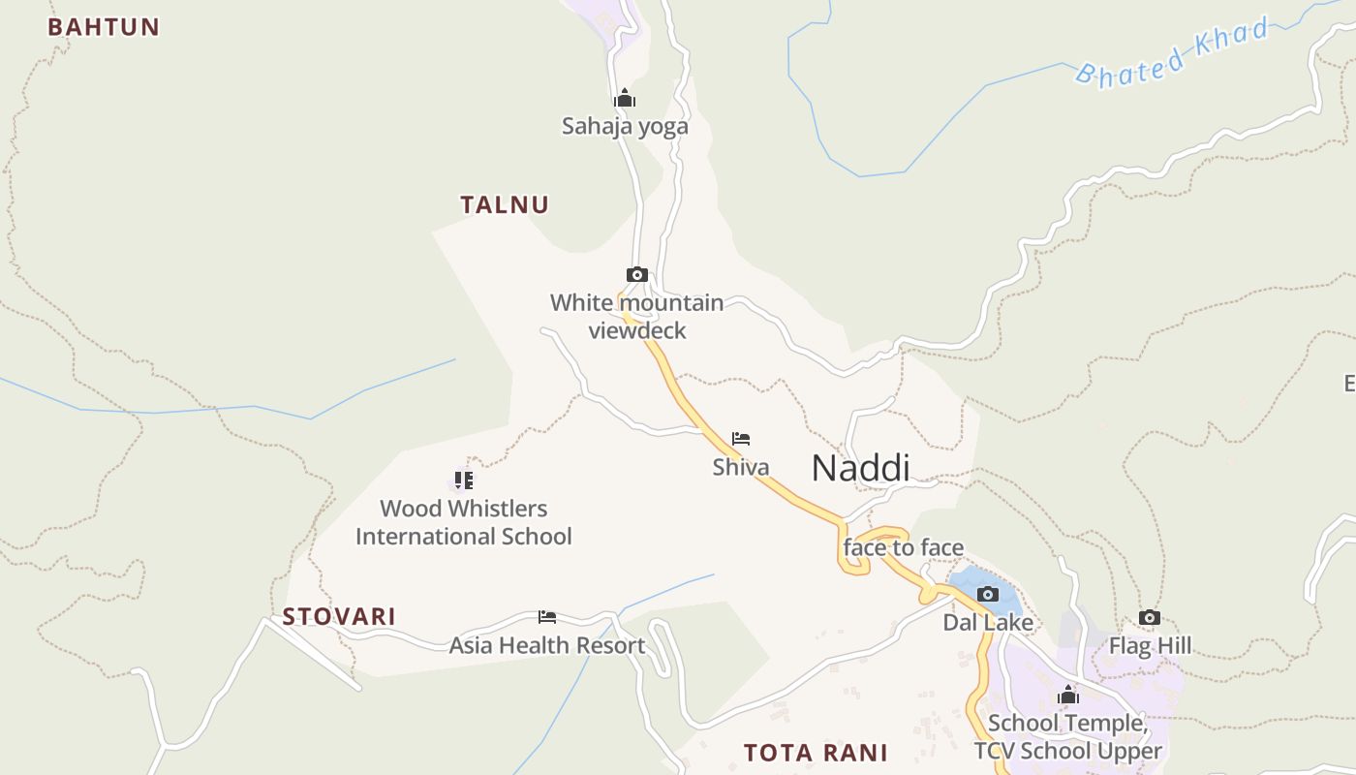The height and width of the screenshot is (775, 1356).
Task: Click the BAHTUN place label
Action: [x=104, y=27]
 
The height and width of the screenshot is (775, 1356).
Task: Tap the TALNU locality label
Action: [x=505, y=204]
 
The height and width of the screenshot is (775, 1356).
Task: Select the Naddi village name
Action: [x=860, y=468]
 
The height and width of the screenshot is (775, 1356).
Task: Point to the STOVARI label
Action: [x=339, y=617]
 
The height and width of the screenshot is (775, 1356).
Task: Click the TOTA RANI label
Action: [x=816, y=753]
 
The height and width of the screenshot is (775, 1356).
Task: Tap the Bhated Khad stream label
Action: [x=1172, y=52]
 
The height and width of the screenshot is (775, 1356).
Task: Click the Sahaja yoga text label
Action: [x=625, y=126]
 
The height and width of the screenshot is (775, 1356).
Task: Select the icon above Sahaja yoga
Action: [x=625, y=98]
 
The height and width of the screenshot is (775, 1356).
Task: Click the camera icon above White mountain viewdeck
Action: [x=636, y=275]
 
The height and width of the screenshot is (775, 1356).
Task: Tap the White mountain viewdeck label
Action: [x=636, y=317]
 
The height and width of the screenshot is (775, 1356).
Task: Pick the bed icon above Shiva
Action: [x=741, y=439]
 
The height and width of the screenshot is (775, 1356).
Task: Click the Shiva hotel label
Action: [x=741, y=467]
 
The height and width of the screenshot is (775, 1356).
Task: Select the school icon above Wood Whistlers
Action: [x=464, y=480]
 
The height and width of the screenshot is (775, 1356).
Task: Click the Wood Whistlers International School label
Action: [x=464, y=522]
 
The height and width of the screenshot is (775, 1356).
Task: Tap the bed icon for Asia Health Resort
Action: [x=547, y=617]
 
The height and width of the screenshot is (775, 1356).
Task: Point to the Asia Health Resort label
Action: [x=547, y=645]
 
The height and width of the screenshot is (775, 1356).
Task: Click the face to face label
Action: [x=904, y=547]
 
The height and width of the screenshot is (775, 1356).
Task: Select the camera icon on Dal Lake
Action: [x=988, y=594]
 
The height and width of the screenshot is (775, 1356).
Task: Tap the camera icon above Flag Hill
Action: [x=1150, y=617]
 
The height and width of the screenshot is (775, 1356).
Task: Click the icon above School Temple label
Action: [x=1068, y=695]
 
